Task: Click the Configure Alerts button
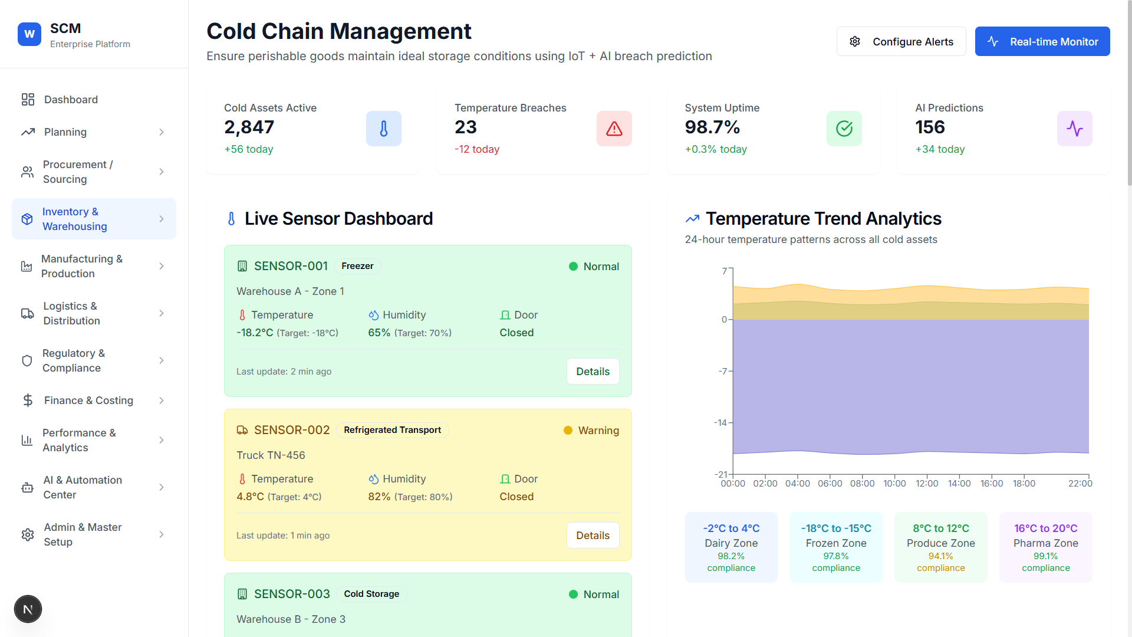pyautogui.click(x=901, y=41)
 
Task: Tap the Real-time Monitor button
pyautogui.click(x=1042, y=41)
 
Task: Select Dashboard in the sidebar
pyautogui.click(x=71, y=100)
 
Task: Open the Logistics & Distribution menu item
pyautogui.click(x=71, y=313)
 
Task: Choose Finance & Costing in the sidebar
pyautogui.click(x=88, y=400)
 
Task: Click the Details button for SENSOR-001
pyautogui.click(x=593, y=372)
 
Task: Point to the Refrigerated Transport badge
pyautogui.click(x=392, y=430)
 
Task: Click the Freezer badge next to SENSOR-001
pyautogui.click(x=357, y=266)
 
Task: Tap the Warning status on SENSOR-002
pyautogui.click(x=598, y=431)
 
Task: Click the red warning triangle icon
pyautogui.click(x=614, y=129)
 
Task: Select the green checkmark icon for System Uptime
pyautogui.click(x=844, y=129)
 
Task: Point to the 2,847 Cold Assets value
pyautogui.click(x=249, y=127)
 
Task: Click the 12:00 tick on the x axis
pyautogui.click(x=926, y=484)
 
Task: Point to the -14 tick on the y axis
pyautogui.click(x=720, y=423)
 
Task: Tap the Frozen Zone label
pyautogui.click(x=835, y=543)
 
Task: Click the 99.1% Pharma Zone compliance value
pyautogui.click(x=1045, y=556)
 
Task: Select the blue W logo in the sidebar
pyautogui.click(x=29, y=34)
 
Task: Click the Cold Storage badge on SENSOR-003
pyautogui.click(x=371, y=594)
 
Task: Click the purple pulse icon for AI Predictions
pyautogui.click(x=1074, y=129)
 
